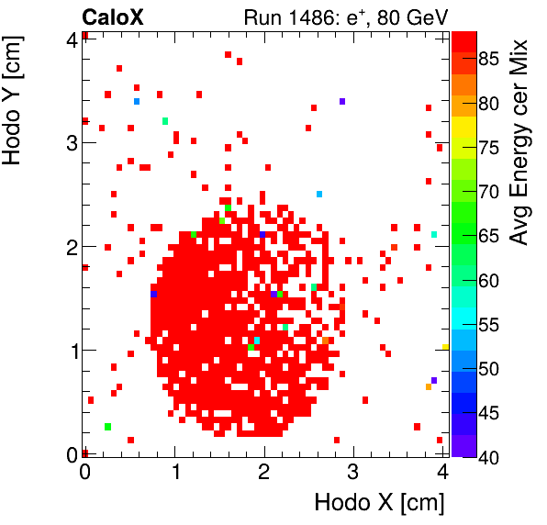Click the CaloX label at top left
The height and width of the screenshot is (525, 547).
[x=112, y=17]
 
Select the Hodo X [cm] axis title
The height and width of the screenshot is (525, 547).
[x=379, y=503]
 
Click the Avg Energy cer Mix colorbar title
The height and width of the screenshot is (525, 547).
[x=519, y=142]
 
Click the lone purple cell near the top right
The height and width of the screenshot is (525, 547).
[x=341, y=101]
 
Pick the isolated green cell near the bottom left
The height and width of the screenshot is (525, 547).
[x=108, y=427]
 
